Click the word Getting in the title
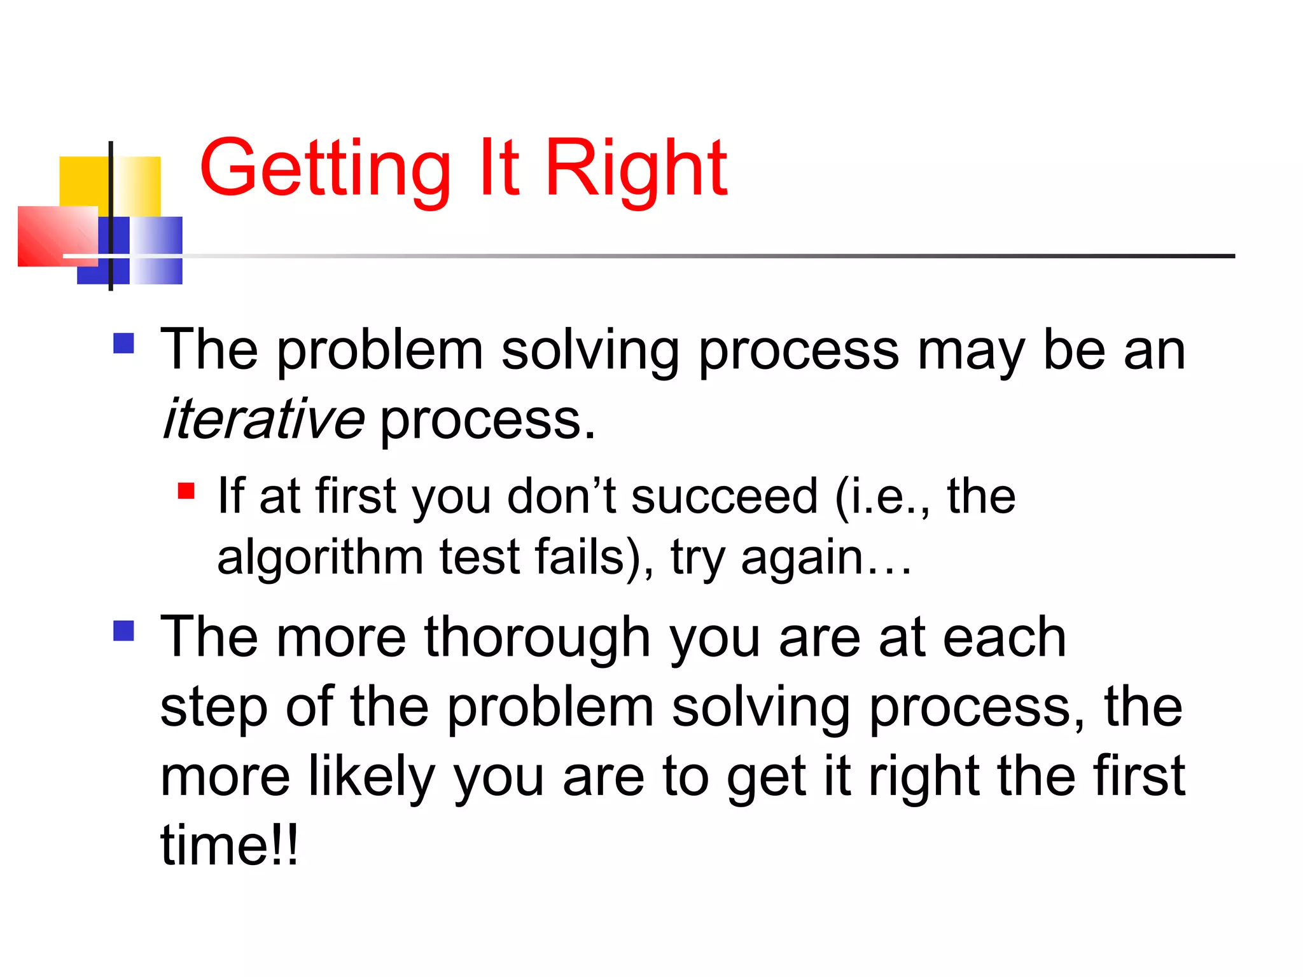(325, 169)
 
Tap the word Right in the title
(636, 169)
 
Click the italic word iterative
(263, 419)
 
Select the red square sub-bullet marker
(186, 491)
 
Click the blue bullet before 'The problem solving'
(123, 343)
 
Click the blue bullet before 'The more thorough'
(123, 630)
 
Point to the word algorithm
(319, 557)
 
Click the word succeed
(724, 496)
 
